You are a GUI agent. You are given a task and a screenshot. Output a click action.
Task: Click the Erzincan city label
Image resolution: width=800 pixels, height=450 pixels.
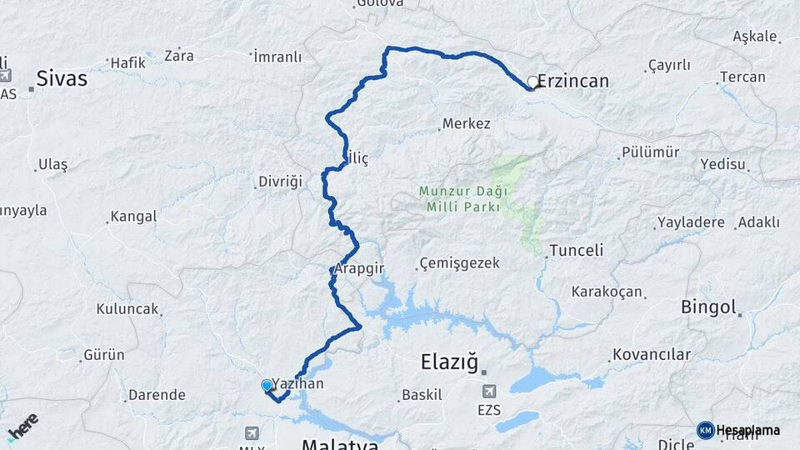(573, 82)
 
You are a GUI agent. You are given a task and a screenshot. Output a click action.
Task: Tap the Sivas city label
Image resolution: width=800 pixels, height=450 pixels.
(62, 80)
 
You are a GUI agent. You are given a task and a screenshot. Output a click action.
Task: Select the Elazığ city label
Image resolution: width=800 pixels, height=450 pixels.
(449, 362)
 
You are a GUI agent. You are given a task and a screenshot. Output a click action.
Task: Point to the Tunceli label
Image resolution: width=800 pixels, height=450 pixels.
(577, 251)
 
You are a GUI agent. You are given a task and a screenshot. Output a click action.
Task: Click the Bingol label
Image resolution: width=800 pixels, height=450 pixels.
(709, 307)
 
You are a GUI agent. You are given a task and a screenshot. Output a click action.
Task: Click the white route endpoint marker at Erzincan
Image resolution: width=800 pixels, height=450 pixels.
(532, 82)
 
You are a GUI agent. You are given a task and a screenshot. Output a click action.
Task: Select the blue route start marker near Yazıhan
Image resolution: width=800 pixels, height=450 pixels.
(267, 386)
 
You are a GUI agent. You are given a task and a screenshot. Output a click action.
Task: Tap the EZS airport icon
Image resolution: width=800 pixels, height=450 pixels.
(489, 391)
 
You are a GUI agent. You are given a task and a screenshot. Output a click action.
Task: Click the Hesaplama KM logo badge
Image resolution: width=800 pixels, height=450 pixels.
(705, 430)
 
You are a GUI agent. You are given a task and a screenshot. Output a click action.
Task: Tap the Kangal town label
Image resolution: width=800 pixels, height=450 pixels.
(133, 217)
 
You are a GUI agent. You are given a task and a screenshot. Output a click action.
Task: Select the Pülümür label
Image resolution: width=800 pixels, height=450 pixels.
(650, 153)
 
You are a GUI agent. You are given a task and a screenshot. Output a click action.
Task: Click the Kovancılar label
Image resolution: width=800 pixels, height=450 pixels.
(651, 355)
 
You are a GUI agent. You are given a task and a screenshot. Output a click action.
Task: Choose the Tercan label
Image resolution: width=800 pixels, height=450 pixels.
(743, 77)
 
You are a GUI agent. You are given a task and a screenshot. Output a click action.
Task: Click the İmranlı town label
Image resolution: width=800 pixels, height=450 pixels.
(277, 57)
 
